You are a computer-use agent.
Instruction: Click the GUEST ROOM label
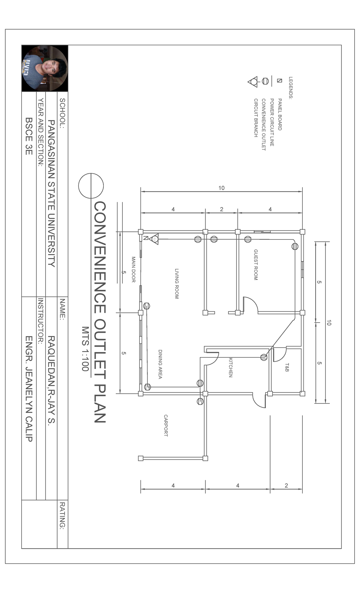[x=256, y=265]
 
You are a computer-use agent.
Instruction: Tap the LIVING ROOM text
[x=177, y=284]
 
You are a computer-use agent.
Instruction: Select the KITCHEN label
[x=230, y=367]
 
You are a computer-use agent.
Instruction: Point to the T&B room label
[x=287, y=368]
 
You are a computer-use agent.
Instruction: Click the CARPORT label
[x=166, y=426]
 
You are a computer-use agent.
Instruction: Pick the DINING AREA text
[x=160, y=364]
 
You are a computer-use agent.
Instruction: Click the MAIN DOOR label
[x=133, y=269]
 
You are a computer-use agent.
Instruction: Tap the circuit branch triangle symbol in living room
[x=154, y=239]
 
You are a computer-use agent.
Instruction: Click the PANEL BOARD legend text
[x=280, y=114]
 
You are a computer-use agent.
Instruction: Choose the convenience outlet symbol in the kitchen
[x=264, y=357]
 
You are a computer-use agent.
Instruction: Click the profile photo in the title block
[x=45, y=68]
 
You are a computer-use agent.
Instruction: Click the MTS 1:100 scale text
[x=85, y=349]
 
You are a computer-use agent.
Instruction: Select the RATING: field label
[x=62, y=516]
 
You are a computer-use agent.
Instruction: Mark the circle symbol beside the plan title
[x=91, y=186]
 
